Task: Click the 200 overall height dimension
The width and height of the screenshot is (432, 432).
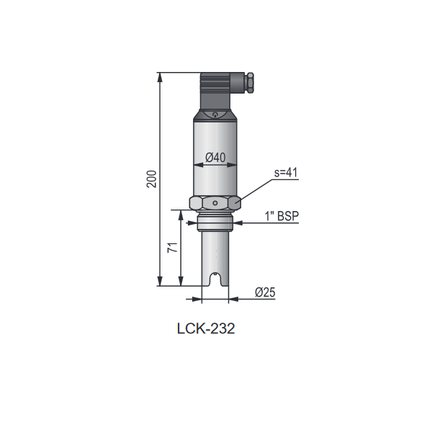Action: pos(151,179)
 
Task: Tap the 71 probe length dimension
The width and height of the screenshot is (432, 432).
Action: pos(173,248)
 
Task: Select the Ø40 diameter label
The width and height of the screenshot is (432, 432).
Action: pos(215,158)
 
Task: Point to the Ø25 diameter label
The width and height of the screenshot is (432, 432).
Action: pos(265,292)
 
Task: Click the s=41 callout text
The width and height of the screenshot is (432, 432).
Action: pos(286,173)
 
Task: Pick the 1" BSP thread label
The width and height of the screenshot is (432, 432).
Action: pos(282,216)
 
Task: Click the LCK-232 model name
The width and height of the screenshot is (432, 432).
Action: pos(206,328)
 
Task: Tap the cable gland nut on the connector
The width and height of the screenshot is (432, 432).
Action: pos(250,83)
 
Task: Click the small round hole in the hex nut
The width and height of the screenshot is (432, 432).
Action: pos(215,203)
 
